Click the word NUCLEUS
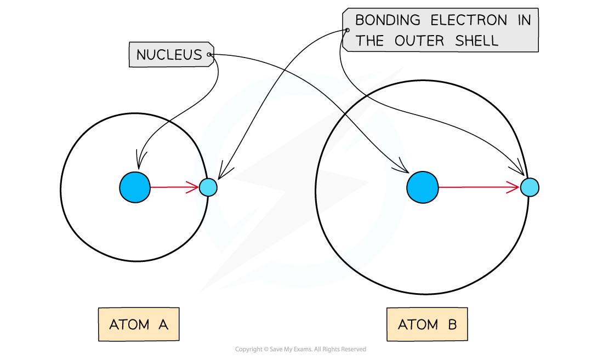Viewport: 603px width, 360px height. pos(169,55)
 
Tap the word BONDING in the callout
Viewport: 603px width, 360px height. pos(388,21)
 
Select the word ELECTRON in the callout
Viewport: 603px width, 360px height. pos(469,21)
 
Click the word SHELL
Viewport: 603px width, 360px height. pos(477,41)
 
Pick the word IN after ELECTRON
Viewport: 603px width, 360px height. pos(524,21)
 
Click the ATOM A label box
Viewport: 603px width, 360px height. pos(139,324)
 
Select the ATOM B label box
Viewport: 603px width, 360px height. pos(427,324)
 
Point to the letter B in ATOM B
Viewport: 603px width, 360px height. pos(452,324)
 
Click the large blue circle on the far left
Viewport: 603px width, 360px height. pos(135,187)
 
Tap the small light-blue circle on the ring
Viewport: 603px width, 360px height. pos(208,187)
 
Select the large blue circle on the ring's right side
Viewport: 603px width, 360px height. pos(422,187)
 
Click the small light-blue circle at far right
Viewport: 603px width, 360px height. pos(530,187)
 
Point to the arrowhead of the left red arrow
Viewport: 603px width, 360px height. pos(196,187)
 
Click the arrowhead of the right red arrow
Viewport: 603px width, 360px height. pos(516,187)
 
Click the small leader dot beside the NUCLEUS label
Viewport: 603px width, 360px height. pos(209,55)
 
